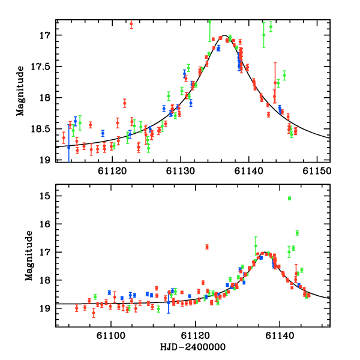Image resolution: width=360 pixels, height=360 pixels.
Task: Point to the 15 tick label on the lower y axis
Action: [x=46, y=196]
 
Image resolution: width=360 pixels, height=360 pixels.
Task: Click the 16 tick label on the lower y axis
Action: [x=46, y=224]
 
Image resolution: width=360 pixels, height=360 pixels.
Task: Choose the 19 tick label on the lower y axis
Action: [x=46, y=308]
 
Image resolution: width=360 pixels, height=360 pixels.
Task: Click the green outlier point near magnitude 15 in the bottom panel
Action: [x=289, y=198]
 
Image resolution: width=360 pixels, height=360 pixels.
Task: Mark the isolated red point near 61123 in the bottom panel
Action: [x=207, y=247]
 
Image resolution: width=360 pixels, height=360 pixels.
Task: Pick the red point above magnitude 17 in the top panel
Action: [x=131, y=24]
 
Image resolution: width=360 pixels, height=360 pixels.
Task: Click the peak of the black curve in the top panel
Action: [x=224, y=35]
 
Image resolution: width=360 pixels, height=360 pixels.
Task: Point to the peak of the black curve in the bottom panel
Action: [x=264, y=253]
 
